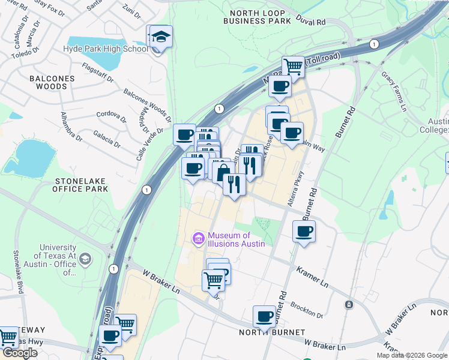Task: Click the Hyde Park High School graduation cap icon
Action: pyautogui.click(x=160, y=37)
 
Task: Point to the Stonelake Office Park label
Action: pyautogui.click(x=81, y=184)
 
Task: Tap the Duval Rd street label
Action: pyautogui.click(x=313, y=22)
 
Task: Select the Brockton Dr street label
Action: pyautogui.click(x=307, y=311)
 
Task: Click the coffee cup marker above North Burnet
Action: pyautogui.click(x=264, y=316)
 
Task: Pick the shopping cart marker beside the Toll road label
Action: pyautogui.click(x=293, y=65)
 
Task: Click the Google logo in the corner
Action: pyautogui.click(x=20, y=353)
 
